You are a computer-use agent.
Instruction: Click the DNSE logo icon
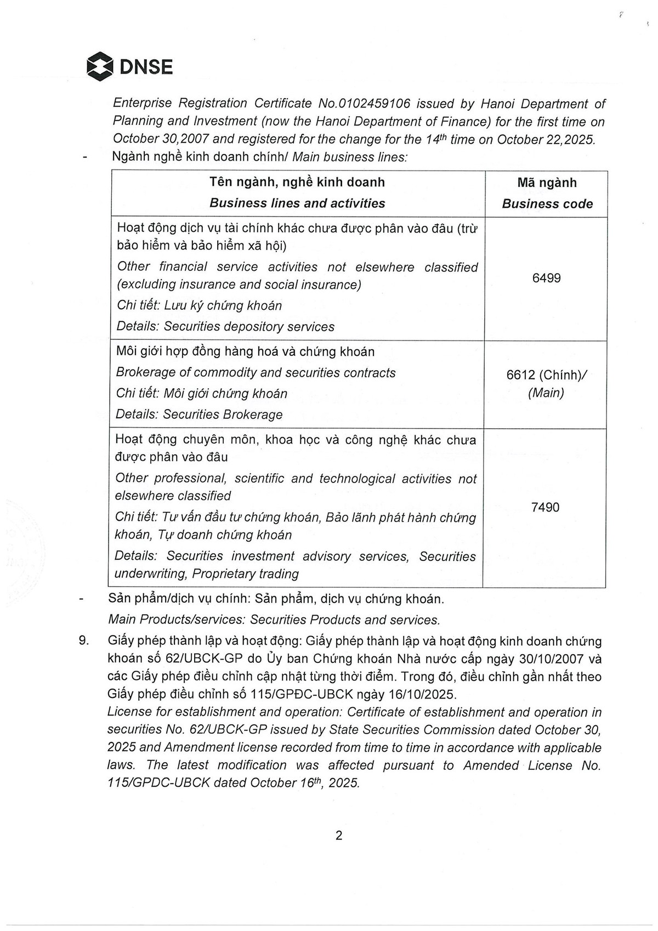tap(100, 67)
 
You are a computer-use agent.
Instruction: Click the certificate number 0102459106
tap(375, 104)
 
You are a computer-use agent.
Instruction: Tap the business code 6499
tap(546, 279)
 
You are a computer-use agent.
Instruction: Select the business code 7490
tap(545, 507)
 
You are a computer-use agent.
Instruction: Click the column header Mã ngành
tap(547, 183)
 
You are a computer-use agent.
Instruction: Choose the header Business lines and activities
tap(297, 203)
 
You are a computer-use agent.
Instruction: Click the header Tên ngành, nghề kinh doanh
tap(297, 182)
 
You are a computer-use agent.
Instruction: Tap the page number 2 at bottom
tap(339, 835)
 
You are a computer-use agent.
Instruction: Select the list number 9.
tap(84, 640)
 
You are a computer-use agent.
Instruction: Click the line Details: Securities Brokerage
tap(199, 415)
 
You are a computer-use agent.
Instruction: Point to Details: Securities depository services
tap(225, 327)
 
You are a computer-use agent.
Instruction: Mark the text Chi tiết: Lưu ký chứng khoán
tap(200, 305)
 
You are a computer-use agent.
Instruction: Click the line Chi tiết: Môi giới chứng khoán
tap(201, 394)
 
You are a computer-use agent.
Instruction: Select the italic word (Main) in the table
tap(546, 393)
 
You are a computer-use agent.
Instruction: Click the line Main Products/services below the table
tap(274, 620)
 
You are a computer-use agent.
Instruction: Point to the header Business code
tap(547, 204)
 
